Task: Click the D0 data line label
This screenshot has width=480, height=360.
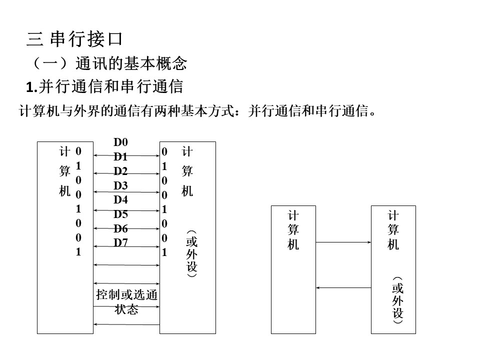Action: point(120,142)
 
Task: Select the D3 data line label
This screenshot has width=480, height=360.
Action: point(120,185)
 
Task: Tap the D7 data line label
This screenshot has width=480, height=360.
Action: point(120,243)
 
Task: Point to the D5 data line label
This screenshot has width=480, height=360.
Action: point(120,214)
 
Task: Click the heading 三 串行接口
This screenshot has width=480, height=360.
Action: point(74,39)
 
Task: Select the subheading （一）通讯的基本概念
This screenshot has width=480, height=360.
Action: point(108,63)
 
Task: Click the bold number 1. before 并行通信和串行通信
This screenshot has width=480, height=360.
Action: point(31,87)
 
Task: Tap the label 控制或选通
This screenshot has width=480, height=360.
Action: point(126,295)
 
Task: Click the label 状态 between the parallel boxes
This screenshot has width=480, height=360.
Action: point(126,309)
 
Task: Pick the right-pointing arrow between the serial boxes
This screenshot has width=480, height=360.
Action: point(343,242)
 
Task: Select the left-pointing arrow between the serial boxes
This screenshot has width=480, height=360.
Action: point(343,288)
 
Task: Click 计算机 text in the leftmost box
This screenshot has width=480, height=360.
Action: point(64,171)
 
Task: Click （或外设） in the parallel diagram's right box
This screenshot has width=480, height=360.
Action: point(191,254)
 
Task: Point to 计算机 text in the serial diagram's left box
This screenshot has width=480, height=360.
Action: point(293,230)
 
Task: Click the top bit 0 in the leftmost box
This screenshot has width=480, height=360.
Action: point(78,151)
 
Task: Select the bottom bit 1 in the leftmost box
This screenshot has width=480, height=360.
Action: point(78,252)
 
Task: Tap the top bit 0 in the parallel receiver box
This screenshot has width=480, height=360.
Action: point(164,151)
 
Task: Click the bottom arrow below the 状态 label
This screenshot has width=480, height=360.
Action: point(126,324)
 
